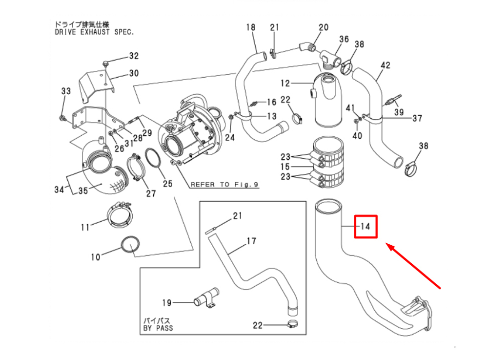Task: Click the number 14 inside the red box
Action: (x=366, y=226)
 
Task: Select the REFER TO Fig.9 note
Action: (x=224, y=185)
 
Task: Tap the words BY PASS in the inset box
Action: (x=158, y=328)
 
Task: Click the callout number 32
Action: (x=133, y=56)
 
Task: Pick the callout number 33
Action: (x=65, y=91)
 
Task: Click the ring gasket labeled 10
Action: (x=129, y=245)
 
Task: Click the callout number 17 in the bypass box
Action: (x=251, y=241)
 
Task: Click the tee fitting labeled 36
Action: (x=331, y=58)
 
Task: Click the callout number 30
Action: (x=133, y=73)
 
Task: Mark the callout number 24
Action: (x=230, y=138)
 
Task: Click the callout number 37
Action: (x=417, y=118)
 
